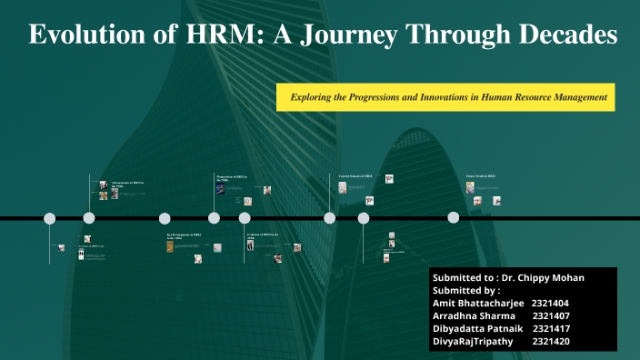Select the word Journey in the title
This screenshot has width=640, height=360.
pyautogui.click(x=356, y=35)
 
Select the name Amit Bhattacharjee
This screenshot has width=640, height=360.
pyautogui.click(x=476, y=303)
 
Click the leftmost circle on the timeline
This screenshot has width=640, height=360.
pyautogui.click(x=50, y=218)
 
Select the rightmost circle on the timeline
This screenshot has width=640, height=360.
pyautogui.click(x=454, y=218)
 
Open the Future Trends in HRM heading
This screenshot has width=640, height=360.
pyautogui.click(x=480, y=176)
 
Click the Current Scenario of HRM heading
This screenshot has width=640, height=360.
pyautogui.click(x=355, y=176)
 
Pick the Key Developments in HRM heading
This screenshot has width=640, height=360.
pyautogui.click(x=184, y=235)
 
